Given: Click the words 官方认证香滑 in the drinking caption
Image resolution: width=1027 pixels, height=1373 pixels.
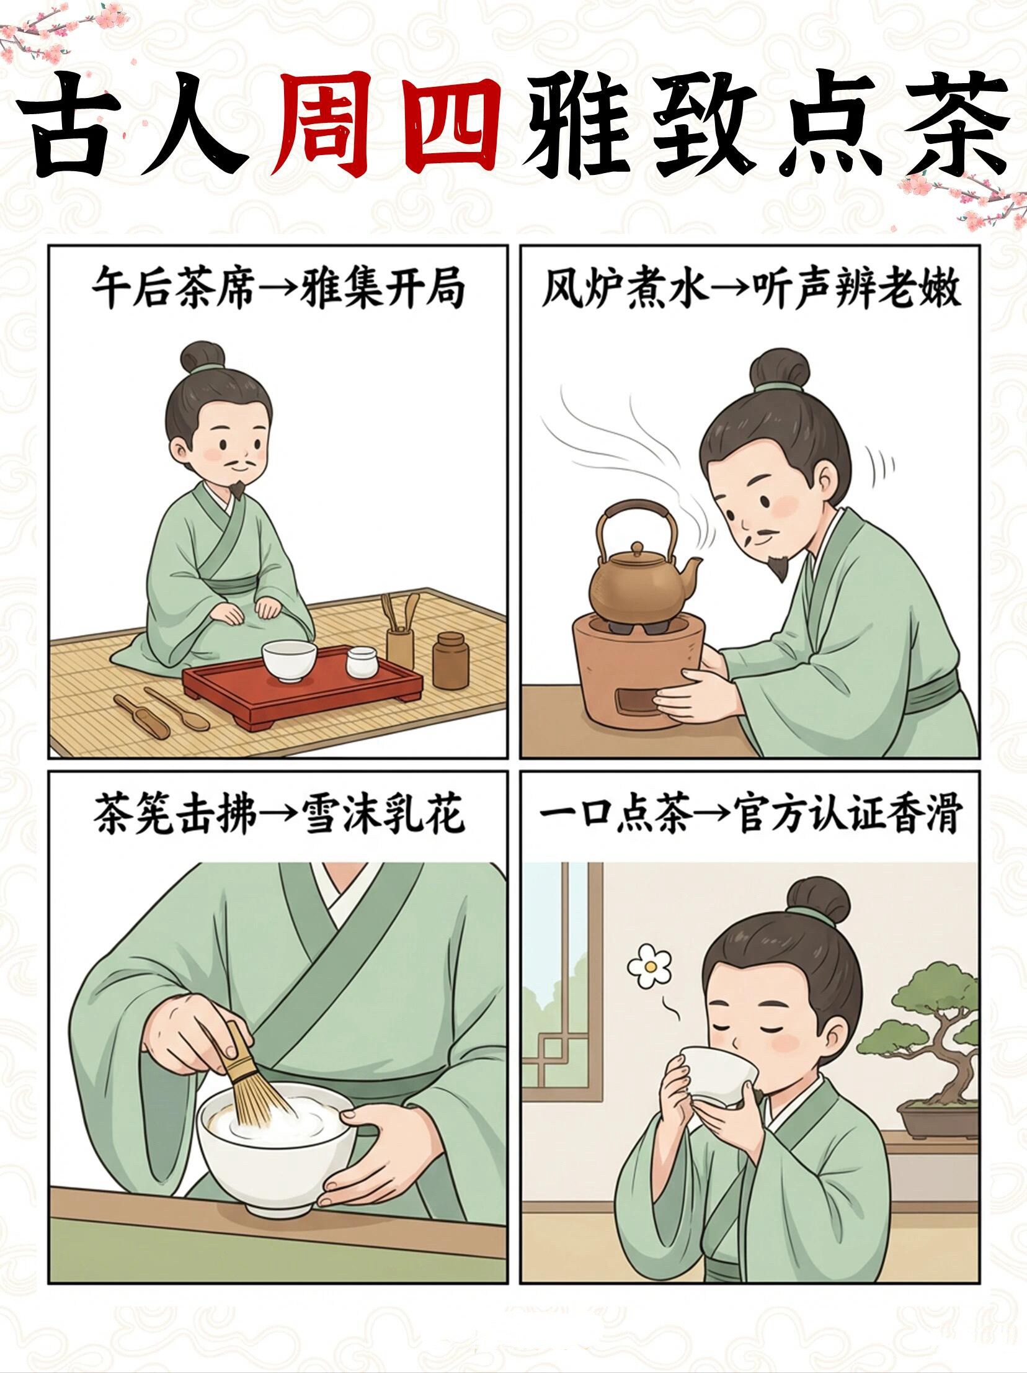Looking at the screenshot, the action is (x=847, y=815).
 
